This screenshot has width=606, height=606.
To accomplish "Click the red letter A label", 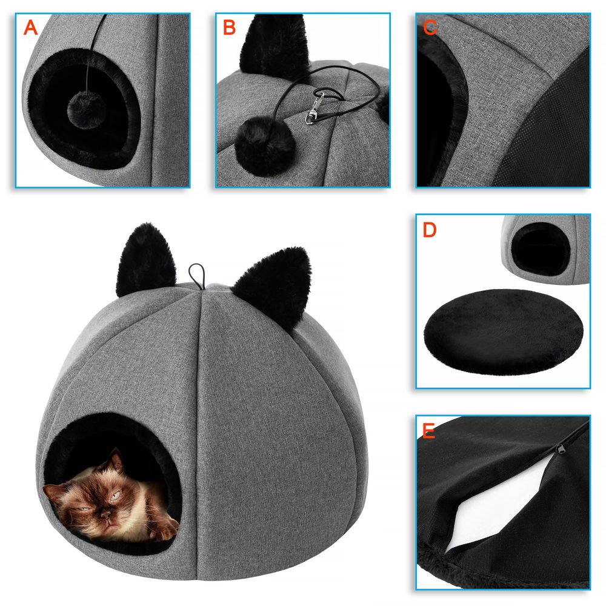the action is [x=30, y=27].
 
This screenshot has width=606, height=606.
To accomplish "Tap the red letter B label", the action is [x=230, y=27].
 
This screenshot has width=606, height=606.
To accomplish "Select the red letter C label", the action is [x=430, y=27].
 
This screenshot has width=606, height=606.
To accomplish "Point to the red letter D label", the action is [x=430, y=230].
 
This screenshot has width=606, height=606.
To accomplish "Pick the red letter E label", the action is [x=429, y=431].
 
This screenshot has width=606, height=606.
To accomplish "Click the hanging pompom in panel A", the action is [x=87, y=110].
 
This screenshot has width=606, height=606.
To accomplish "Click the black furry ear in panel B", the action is [x=275, y=44].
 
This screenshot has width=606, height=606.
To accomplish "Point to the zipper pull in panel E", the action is [x=560, y=450].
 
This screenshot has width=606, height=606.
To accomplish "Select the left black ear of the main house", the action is [x=145, y=260].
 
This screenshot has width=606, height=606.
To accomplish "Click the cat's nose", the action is [x=107, y=514].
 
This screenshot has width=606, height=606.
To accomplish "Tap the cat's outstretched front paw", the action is [x=165, y=529].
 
